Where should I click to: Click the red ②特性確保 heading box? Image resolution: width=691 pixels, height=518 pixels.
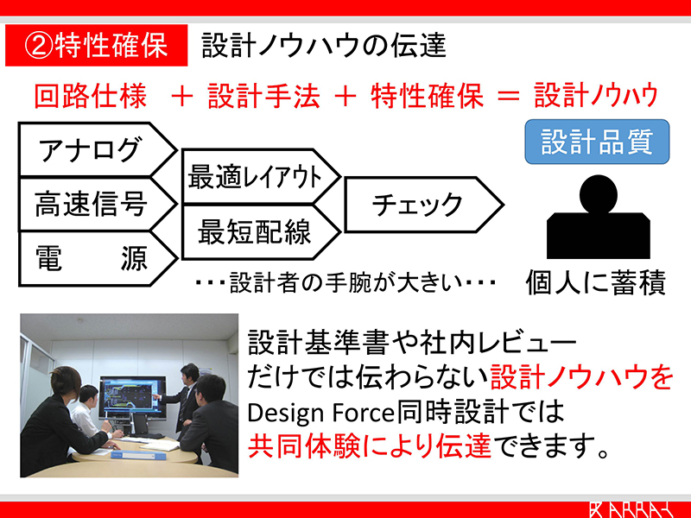pyautogui.click(x=96, y=46)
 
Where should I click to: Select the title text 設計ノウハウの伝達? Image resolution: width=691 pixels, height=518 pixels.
pyautogui.click(x=324, y=46)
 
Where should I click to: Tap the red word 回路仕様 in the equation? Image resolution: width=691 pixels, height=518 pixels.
pyautogui.click(x=91, y=96)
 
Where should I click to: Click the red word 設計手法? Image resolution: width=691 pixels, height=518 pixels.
pyautogui.click(x=263, y=96)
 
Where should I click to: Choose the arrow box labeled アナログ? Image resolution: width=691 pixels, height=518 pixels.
pyautogui.click(x=97, y=149)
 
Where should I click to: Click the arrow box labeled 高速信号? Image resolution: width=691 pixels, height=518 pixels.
pyautogui.click(x=97, y=205)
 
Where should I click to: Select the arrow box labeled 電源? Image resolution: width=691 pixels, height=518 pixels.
pyautogui.click(x=97, y=259)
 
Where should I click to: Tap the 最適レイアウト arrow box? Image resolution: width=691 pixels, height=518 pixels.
pyautogui.click(x=261, y=177)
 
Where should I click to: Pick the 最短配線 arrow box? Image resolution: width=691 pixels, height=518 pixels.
pyautogui.click(x=261, y=232)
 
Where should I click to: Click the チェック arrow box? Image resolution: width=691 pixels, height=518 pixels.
pyautogui.click(x=424, y=205)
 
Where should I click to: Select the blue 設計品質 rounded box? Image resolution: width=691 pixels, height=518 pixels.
pyautogui.click(x=597, y=142)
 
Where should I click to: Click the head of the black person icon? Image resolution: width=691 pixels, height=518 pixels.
pyautogui.click(x=598, y=194)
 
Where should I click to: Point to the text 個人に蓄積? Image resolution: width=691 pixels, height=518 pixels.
pyautogui.click(x=595, y=282)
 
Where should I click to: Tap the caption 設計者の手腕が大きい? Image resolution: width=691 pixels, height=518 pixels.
pyautogui.click(x=345, y=282)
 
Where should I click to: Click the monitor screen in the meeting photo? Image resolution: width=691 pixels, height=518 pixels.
pyautogui.click(x=129, y=397)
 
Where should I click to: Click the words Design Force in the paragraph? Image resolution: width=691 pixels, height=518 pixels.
pyautogui.click(x=320, y=414)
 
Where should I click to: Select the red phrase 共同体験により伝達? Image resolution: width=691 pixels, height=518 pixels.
pyautogui.click(x=370, y=446)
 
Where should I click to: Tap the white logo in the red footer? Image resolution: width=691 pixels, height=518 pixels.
pyautogui.click(x=631, y=509)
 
